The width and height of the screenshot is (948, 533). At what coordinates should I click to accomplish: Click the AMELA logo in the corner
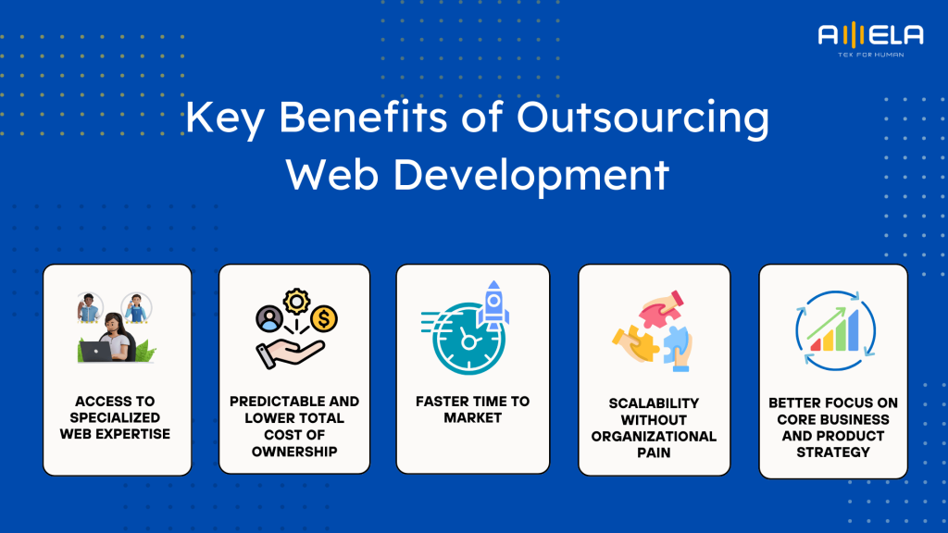(869, 36)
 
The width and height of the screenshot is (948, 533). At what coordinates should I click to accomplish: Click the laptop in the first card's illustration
(96, 351)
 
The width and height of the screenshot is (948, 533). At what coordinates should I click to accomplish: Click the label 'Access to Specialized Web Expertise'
(117, 417)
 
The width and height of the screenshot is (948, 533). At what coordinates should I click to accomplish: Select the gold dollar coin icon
(324, 319)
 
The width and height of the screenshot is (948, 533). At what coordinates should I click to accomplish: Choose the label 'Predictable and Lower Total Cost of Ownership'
(294, 427)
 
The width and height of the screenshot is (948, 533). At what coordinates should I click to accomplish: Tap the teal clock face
(468, 341)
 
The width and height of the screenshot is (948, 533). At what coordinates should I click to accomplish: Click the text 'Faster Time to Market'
(472, 409)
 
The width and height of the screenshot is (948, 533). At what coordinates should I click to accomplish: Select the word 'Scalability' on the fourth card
(654, 403)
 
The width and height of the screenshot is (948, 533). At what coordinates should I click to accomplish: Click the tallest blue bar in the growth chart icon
(852, 329)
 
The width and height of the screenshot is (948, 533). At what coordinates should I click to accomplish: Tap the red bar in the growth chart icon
(816, 344)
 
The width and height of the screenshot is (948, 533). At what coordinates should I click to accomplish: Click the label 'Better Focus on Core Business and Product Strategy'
(832, 428)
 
